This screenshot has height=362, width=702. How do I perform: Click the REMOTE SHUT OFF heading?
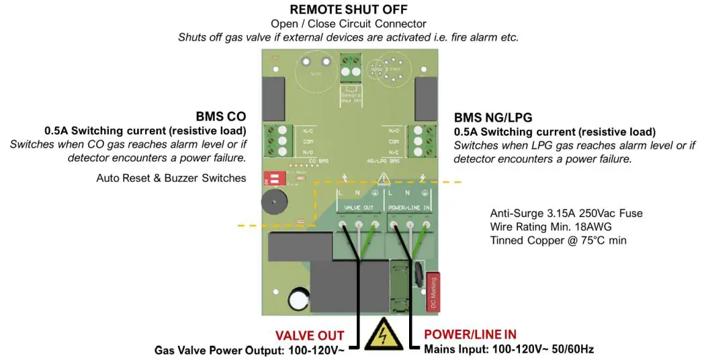coord(348,10)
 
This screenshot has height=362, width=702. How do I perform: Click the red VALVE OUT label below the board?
coord(310,335)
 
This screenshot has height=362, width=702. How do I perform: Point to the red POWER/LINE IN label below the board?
coord(470,334)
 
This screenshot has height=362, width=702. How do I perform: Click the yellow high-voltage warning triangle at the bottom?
coord(380,334)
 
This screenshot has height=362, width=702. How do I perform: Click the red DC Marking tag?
coord(433,292)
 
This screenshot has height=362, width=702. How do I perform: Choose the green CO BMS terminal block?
coord(277,141)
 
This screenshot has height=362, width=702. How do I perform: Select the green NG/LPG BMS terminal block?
coord(421,141)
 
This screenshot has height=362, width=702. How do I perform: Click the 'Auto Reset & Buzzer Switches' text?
coord(171,178)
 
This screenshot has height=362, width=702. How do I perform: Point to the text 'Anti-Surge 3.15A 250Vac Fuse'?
coord(566,214)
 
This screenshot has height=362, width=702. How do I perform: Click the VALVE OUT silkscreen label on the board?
coord(359,208)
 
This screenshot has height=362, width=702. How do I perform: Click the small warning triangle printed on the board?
coord(383,179)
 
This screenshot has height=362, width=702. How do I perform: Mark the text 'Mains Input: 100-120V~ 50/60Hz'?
coord(509,349)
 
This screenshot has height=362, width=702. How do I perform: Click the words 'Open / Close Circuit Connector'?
coord(348,24)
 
